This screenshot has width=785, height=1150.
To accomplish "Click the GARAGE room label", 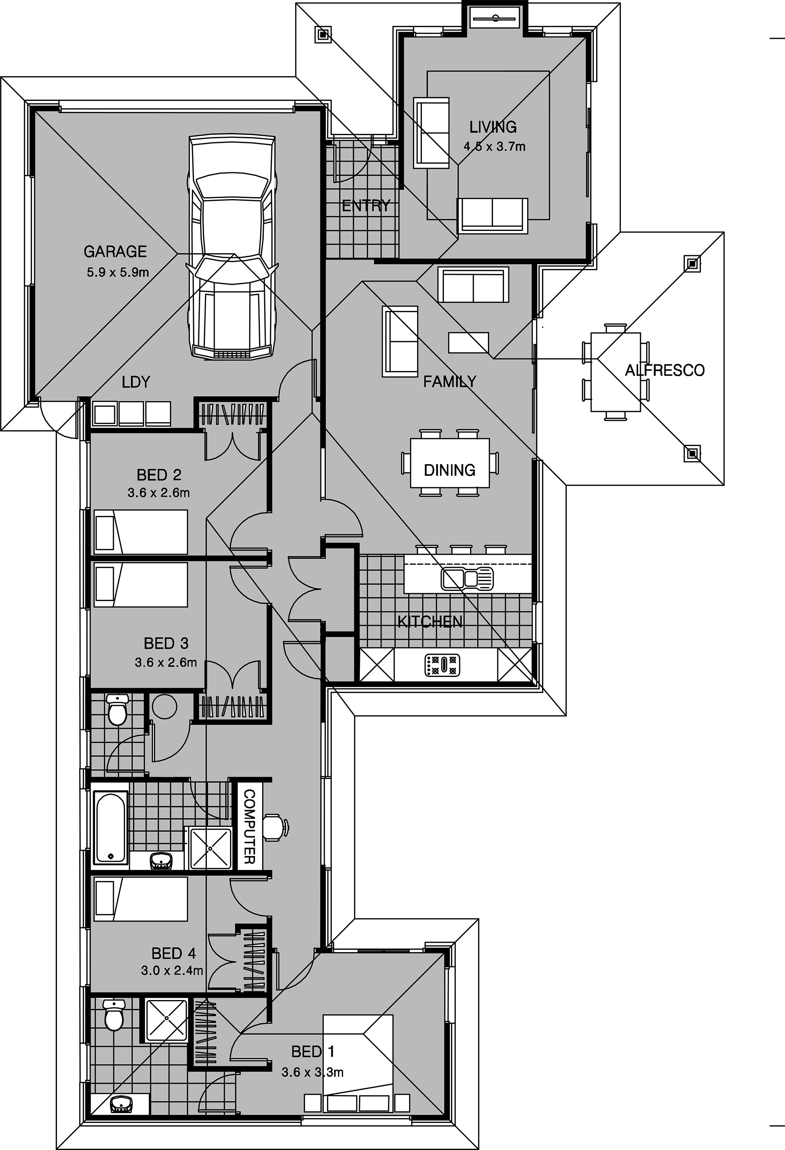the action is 115,252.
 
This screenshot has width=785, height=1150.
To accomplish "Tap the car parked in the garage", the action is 232,247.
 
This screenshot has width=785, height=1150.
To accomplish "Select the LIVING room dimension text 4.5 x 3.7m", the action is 494,146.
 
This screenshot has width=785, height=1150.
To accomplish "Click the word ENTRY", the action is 366,206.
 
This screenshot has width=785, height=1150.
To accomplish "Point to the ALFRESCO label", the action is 665,370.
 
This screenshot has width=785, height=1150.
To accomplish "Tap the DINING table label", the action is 450,470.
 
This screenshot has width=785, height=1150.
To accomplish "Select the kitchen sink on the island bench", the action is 467,579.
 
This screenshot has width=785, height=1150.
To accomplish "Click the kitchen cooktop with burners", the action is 442,665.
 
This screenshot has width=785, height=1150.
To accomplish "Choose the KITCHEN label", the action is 430,622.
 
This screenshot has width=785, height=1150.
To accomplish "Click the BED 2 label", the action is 159,475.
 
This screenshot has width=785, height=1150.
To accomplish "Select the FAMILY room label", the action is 450,382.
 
